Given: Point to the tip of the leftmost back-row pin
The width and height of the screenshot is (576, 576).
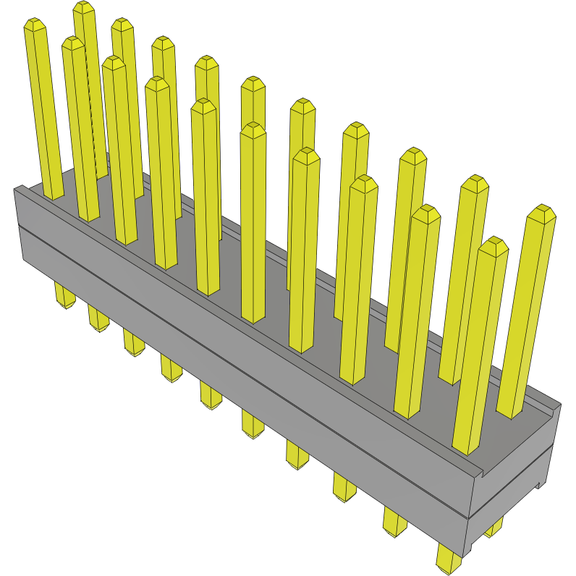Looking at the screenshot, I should point(84,7).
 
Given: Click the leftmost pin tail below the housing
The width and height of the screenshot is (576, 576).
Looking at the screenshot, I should point(64,297).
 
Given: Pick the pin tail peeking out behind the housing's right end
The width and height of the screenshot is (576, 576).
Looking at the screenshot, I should point(494,529).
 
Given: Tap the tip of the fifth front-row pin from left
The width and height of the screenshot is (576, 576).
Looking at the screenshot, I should point(204,106).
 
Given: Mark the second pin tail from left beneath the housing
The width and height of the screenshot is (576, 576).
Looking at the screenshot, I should point(98,319).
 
